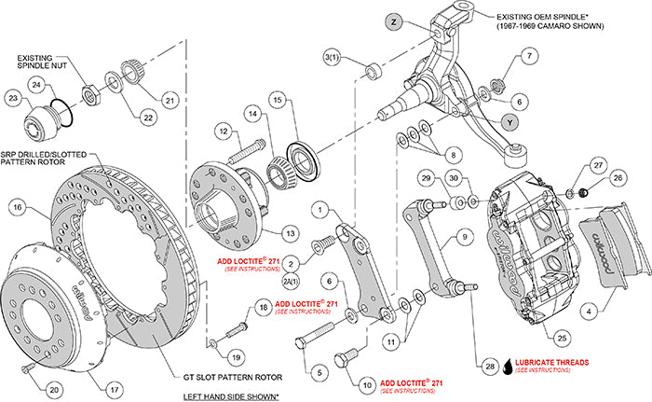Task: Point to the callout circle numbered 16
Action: click(16, 209)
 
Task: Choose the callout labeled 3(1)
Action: click(331, 59)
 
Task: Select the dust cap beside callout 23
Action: click(41, 121)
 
